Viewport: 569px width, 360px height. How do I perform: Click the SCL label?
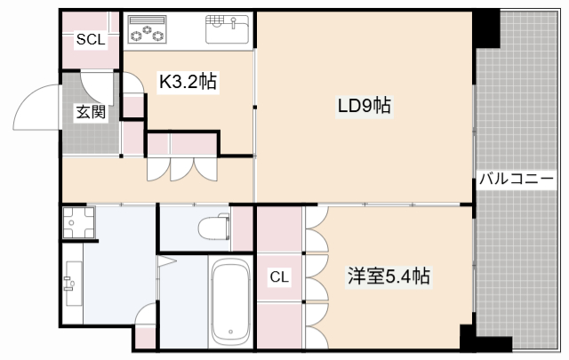click(89, 39)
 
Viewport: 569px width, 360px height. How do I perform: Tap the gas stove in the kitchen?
click(148, 30)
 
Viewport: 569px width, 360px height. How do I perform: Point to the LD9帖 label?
click(364, 106)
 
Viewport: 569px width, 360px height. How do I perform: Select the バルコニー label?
click(517, 177)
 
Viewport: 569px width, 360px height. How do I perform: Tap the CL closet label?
click(279, 277)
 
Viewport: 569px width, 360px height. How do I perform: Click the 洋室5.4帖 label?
click(389, 276)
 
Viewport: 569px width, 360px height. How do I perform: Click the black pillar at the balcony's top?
click(485, 29)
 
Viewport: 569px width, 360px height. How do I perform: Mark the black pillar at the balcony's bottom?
click(469, 339)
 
